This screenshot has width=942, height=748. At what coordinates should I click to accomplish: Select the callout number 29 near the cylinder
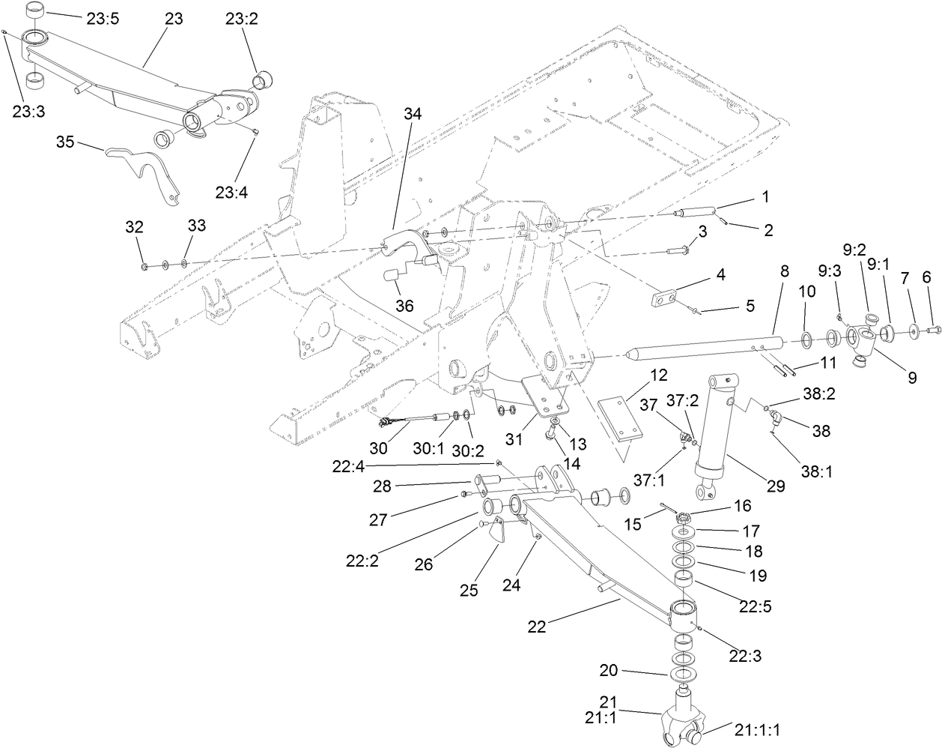[x=775, y=486]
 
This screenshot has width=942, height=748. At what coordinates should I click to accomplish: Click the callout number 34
[x=413, y=114]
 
